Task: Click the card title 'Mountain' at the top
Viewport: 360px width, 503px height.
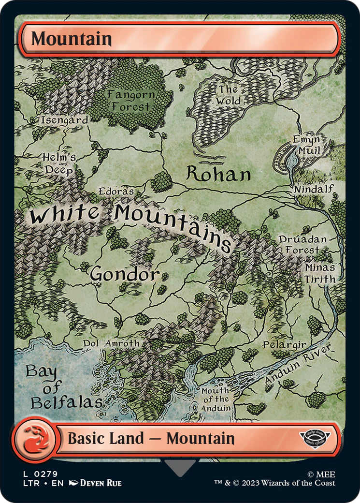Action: (72, 38)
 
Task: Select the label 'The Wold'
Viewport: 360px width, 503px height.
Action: (228, 95)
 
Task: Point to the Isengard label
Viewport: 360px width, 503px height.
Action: (64, 119)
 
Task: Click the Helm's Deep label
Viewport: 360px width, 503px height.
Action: (59, 163)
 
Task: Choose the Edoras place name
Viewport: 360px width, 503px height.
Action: (116, 191)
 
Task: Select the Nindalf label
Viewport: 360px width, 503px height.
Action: (314, 189)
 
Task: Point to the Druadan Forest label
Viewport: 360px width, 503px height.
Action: (303, 245)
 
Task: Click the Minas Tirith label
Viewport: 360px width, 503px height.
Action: (320, 273)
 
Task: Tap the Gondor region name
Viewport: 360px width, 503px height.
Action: (124, 274)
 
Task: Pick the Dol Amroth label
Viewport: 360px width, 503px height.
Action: (111, 343)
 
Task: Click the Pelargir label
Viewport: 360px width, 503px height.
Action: (284, 345)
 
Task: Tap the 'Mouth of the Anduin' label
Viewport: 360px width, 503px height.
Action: (216, 399)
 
